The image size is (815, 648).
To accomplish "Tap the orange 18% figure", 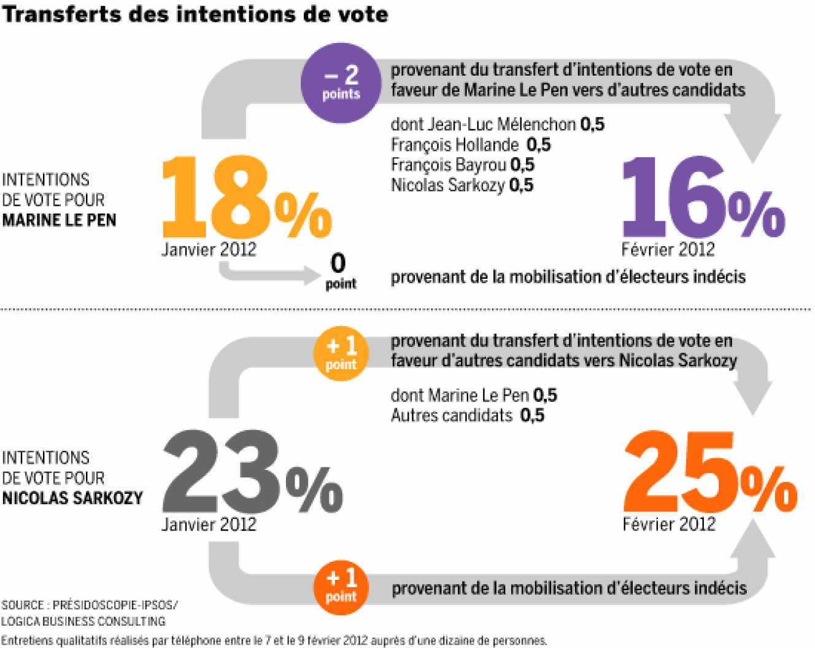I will tap(245, 198).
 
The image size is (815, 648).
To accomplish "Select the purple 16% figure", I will tap(703, 198).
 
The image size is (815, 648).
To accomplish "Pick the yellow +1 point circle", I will tap(341, 354).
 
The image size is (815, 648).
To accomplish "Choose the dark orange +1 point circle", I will tap(341, 586).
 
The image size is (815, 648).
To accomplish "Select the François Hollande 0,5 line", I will tap(471, 145).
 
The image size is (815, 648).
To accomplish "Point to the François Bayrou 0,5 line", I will tap(462, 165).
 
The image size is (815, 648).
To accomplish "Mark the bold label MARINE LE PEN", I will tap(59, 220).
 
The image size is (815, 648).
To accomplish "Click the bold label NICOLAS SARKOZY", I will tap(72, 498).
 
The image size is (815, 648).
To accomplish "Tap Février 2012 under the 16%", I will tap(668, 249).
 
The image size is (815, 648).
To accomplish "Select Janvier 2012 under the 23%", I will tap(209, 524).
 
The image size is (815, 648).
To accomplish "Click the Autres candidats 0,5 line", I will tap(467, 416).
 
